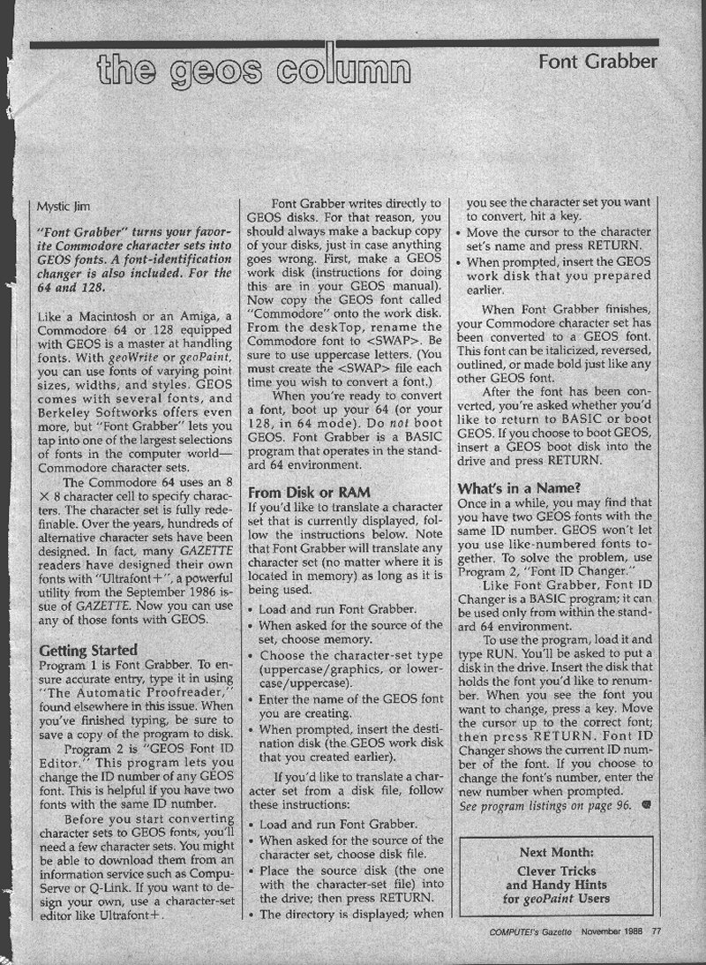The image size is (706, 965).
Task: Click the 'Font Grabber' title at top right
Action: click(598, 61)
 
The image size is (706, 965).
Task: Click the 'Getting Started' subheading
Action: click(88, 651)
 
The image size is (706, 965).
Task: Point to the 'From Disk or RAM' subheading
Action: click(308, 491)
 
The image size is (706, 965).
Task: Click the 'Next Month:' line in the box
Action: click(556, 853)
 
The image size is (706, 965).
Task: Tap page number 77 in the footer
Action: click(657, 930)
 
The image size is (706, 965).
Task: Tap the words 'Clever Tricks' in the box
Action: click(556, 870)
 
